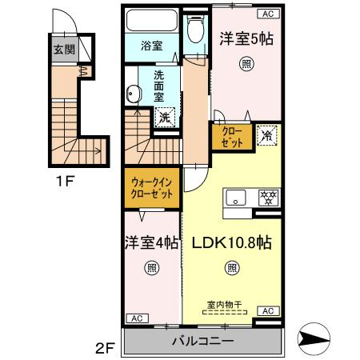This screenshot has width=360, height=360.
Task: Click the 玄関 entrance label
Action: pyautogui.click(x=61, y=50)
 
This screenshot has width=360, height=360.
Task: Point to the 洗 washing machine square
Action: pyautogui.click(x=164, y=118)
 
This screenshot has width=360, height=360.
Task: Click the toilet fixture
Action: pyautogui.click(x=194, y=32)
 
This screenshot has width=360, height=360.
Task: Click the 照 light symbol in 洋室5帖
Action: pyautogui.click(x=243, y=66)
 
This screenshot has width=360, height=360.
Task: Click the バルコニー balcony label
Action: pyautogui.click(x=202, y=342)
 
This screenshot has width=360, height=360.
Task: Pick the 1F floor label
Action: pyautogui.click(x=65, y=181)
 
